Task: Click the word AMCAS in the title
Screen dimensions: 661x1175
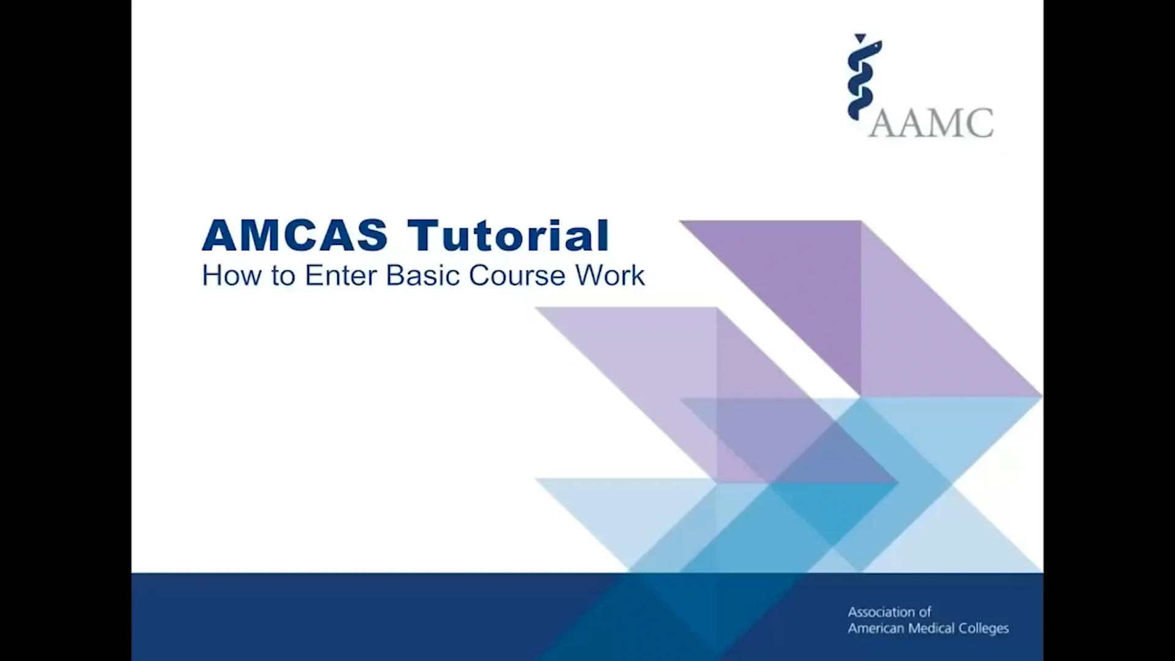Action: (x=294, y=236)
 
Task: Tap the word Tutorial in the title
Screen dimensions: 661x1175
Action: (x=508, y=236)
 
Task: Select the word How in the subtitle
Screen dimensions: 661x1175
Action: (x=226, y=275)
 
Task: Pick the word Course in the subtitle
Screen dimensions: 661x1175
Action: (x=517, y=275)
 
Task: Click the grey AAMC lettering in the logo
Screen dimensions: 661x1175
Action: (x=931, y=123)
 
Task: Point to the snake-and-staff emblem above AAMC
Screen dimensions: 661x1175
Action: (x=864, y=77)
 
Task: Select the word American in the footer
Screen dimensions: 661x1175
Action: (x=876, y=629)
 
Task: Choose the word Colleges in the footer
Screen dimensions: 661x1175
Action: (x=983, y=629)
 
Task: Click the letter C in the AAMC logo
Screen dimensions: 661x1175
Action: (x=980, y=123)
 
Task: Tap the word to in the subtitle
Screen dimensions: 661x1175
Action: (x=283, y=275)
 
